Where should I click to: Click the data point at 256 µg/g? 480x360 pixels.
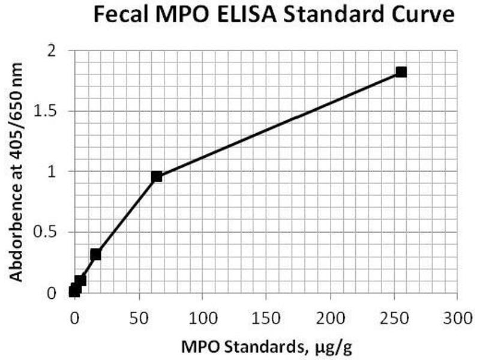pos(401,72)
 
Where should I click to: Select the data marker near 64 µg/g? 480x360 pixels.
pos(157,176)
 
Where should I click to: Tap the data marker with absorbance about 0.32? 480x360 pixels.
pos(95,254)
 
